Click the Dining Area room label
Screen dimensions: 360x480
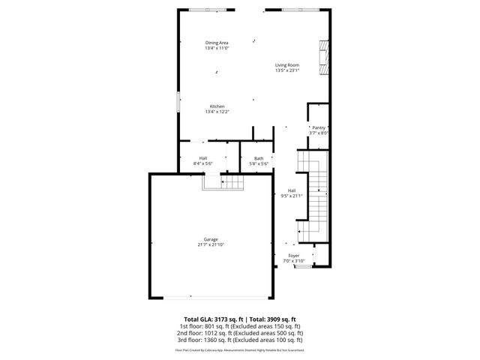[217, 43]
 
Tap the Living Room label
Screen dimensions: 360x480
[287, 65]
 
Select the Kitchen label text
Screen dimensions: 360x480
[217, 106]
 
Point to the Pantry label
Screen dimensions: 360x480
[319, 127]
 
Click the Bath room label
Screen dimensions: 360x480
[259, 157]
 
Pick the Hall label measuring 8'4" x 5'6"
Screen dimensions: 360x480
[203, 157]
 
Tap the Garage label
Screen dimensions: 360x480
[210, 239]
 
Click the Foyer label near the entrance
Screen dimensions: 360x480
[294, 256]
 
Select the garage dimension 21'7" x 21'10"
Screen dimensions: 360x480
[210, 244]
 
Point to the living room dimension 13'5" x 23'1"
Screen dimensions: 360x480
[287, 70]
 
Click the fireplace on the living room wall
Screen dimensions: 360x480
[323, 57]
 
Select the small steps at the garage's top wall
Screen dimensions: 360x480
[223, 181]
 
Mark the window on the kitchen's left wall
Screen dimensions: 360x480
[178, 101]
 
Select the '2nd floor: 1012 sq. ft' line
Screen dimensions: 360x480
[239, 333]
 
